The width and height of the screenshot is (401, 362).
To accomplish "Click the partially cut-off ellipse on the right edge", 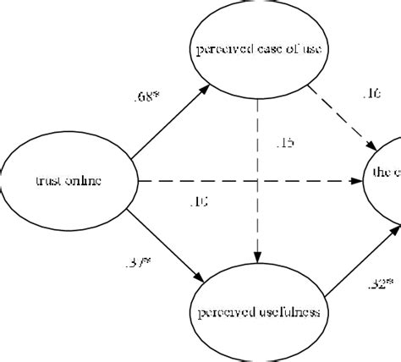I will (384, 173).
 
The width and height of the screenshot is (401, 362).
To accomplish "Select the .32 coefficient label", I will (378, 284).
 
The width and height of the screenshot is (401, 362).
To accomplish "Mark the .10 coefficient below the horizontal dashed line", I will (200, 200).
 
